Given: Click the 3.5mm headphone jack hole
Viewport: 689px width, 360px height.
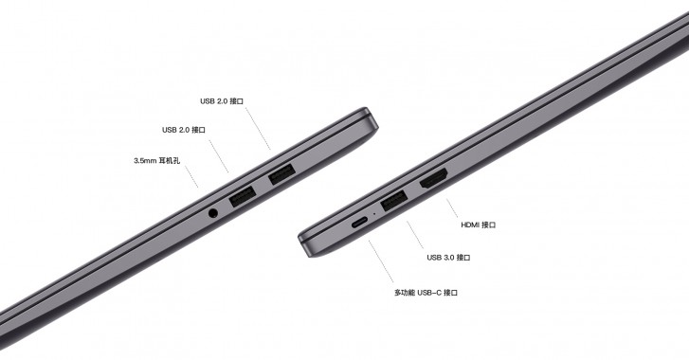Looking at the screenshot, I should pos(212,212).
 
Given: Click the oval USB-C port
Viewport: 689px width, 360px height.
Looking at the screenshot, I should pos(360,223).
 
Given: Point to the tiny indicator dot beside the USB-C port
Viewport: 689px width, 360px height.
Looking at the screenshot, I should pos(375,214).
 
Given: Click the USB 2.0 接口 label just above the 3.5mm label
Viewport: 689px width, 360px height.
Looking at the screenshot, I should pos(184,130).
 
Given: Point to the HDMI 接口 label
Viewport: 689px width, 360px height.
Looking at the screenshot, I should pos(478,225).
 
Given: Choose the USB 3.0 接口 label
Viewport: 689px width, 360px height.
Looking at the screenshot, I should pos(448,257).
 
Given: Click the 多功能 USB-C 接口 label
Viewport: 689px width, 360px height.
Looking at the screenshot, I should pos(426,293).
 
